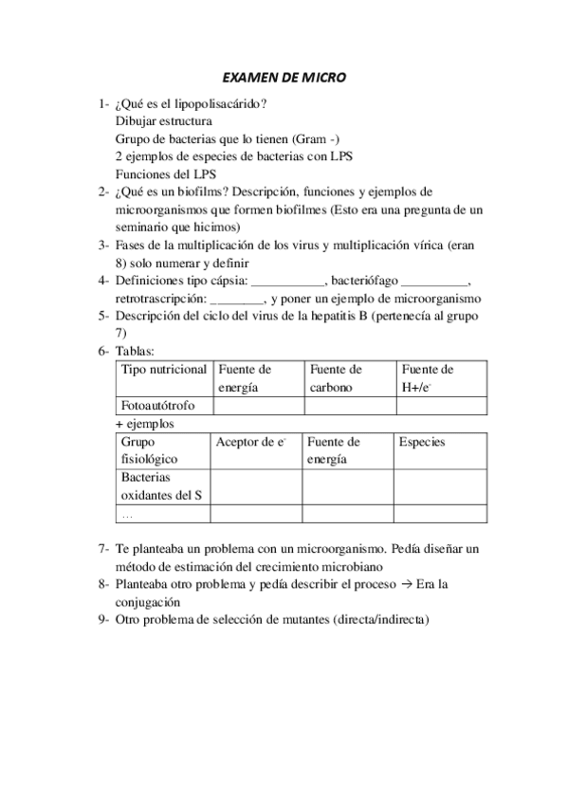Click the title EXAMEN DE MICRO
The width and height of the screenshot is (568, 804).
coord(284,80)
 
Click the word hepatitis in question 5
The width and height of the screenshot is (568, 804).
coord(346,316)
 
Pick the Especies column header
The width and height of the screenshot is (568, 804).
coord(422,442)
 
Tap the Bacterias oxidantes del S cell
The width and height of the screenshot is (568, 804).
coord(161,485)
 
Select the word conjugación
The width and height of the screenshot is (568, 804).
coord(156,602)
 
